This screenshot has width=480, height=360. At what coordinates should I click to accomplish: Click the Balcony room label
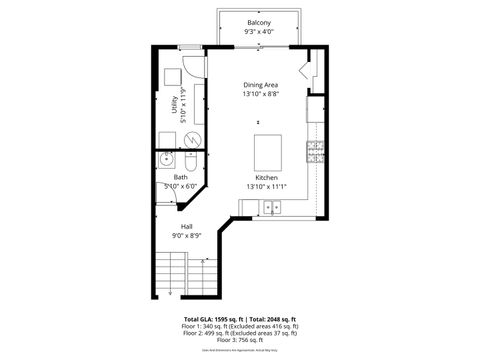click(x=258, y=22)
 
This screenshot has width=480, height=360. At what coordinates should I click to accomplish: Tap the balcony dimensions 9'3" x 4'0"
click(x=258, y=32)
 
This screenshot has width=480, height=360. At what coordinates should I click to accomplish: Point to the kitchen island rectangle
click(x=269, y=152)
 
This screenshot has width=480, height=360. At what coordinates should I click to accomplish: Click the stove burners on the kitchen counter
click(x=315, y=152)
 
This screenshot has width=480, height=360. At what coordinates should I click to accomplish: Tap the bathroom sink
click(x=165, y=160)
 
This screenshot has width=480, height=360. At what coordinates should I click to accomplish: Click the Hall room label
click(x=186, y=227)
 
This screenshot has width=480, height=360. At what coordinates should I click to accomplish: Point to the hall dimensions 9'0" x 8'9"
click(x=187, y=237)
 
